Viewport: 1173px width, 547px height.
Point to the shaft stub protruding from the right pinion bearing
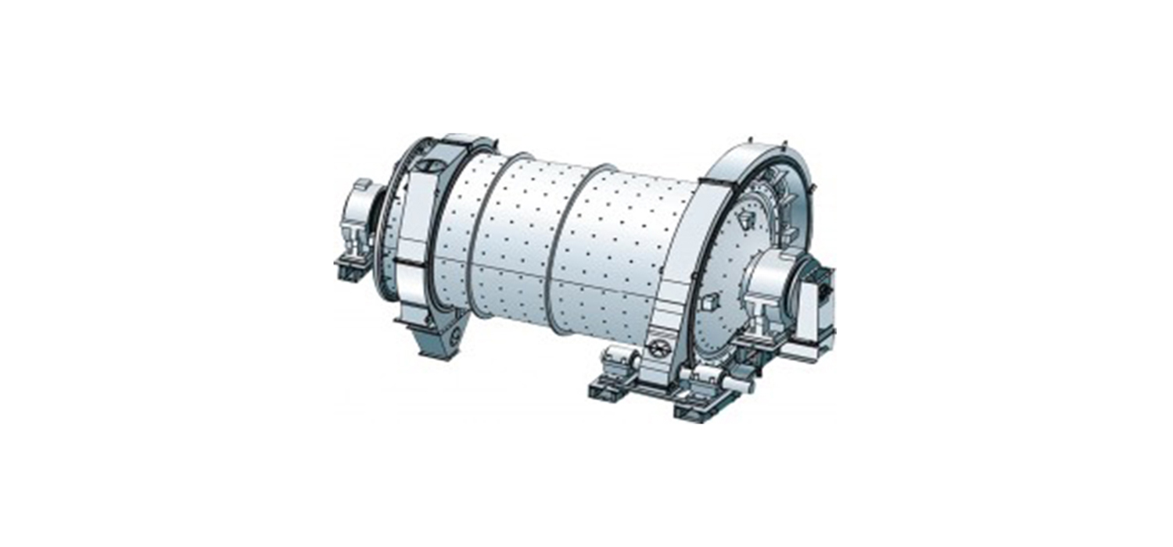tap(739, 384)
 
